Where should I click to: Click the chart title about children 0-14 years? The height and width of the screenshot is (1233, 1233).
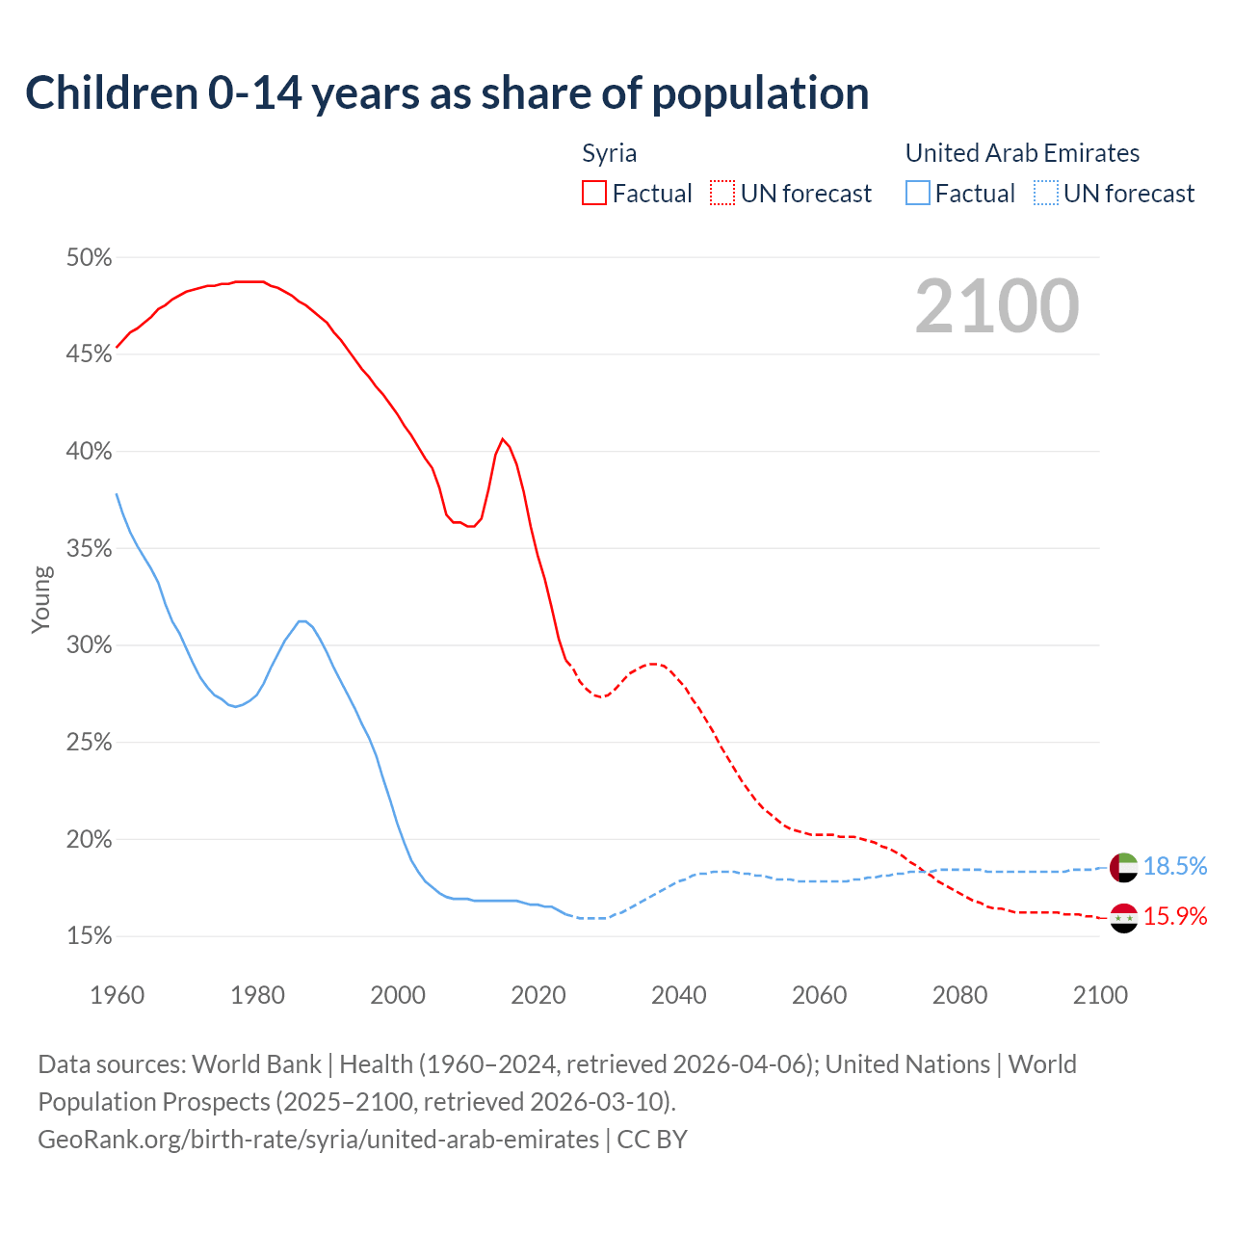tap(447, 93)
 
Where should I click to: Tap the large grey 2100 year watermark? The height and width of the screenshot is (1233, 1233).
tap(997, 306)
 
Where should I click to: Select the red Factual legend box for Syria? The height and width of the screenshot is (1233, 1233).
tap(594, 194)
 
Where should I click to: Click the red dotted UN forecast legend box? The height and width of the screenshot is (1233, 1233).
tap(722, 194)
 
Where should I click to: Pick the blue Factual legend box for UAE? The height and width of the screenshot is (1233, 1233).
tap(918, 194)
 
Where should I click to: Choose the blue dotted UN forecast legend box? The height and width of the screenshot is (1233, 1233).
tap(1046, 194)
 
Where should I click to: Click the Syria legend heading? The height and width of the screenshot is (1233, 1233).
tap(609, 153)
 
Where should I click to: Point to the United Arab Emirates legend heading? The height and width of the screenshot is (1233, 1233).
tap(1022, 153)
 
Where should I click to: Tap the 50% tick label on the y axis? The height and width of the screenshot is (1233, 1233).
tap(89, 258)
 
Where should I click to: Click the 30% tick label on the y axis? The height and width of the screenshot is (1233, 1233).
tap(89, 645)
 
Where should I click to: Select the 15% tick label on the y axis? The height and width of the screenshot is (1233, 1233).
tap(89, 936)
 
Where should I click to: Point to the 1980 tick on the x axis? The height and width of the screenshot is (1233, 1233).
tap(257, 995)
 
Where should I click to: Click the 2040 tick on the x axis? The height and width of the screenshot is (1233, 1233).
tap(678, 995)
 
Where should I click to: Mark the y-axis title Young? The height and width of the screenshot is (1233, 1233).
tap(40, 599)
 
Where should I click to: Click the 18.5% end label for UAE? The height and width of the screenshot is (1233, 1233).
tap(1175, 867)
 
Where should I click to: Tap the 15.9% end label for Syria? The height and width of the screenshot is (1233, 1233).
tap(1175, 916)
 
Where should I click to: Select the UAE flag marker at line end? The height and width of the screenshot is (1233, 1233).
tap(1124, 867)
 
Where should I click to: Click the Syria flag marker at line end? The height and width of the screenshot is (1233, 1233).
tap(1124, 918)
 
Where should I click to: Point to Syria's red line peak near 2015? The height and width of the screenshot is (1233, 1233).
tap(503, 439)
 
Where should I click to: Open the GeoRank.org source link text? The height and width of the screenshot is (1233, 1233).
tap(318, 1140)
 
